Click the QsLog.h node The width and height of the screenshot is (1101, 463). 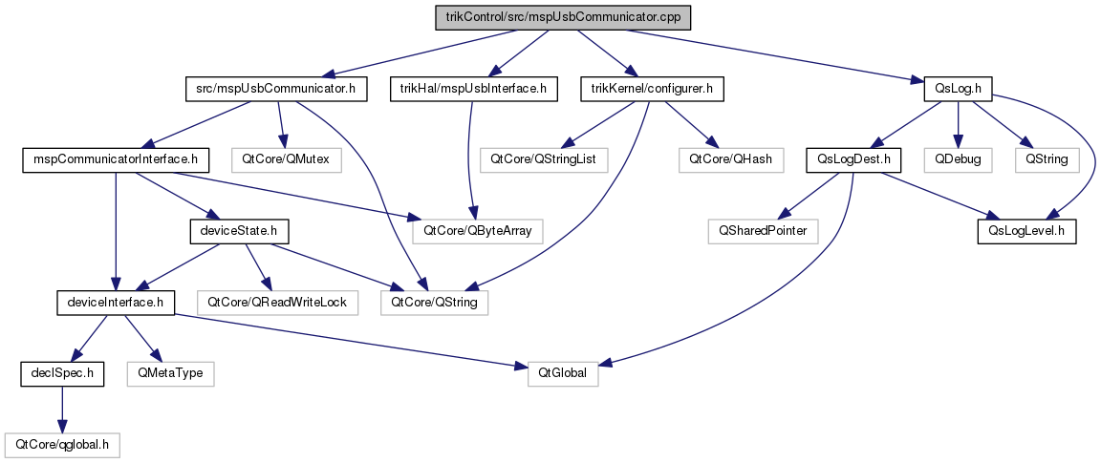959,89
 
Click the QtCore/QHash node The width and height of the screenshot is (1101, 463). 730,160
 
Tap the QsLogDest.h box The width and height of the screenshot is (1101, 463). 853,160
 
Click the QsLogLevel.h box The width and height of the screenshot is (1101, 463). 1027,231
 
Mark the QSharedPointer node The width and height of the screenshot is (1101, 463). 764,231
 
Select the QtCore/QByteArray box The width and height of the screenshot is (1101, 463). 478,231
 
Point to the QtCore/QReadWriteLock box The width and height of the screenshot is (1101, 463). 278,303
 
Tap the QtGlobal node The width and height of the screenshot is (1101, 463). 564,374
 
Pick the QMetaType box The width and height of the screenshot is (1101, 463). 171,374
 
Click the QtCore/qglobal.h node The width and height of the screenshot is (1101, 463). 62,445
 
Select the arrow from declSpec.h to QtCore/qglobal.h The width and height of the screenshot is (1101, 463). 62,410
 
